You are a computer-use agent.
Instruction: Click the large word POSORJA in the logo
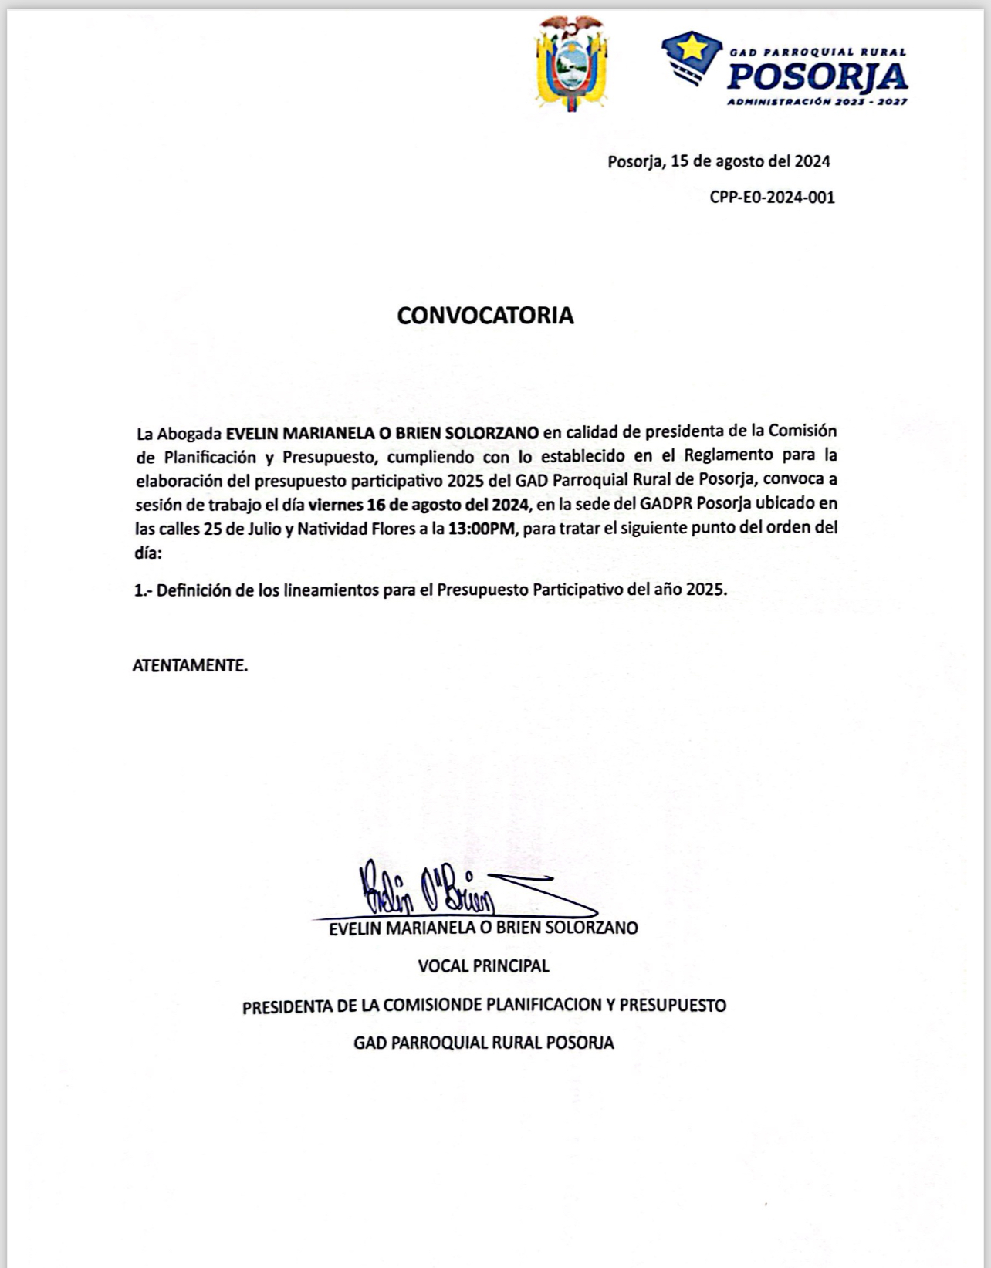pyautogui.click(x=817, y=76)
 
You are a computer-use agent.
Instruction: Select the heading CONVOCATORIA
pyautogui.click(x=485, y=316)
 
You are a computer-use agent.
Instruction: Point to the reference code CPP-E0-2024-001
pyautogui.click(x=772, y=197)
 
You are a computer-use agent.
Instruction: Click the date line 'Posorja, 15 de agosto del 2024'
pyautogui.click(x=719, y=161)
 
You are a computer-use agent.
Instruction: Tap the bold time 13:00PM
pyautogui.click(x=479, y=529)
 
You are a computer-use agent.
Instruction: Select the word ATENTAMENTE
pyautogui.click(x=190, y=665)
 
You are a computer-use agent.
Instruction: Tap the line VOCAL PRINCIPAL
pyautogui.click(x=484, y=965)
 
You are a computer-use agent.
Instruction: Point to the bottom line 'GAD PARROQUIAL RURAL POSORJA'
pyautogui.click(x=484, y=1043)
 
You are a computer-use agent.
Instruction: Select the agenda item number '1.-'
pyautogui.click(x=143, y=590)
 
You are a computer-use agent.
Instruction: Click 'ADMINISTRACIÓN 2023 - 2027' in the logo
pyautogui.click(x=817, y=102)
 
